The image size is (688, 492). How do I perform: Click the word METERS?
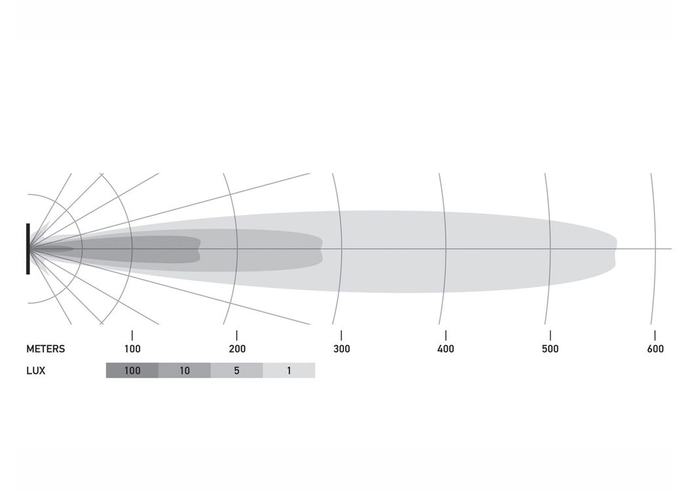click(x=46, y=349)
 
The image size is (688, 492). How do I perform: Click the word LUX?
click(x=35, y=371)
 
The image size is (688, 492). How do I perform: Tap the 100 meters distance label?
click(x=132, y=349)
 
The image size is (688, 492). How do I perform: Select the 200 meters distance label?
click(x=237, y=349)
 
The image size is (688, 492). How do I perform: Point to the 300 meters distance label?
click(x=341, y=349)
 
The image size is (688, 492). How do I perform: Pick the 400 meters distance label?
click(x=446, y=349)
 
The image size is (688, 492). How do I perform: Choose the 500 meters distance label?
click(x=550, y=349)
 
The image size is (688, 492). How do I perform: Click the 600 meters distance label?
click(x=655, y=349)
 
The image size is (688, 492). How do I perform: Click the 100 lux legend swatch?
click(x=132, y=371)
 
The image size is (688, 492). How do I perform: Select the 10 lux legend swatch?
click(x=184, y=371)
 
